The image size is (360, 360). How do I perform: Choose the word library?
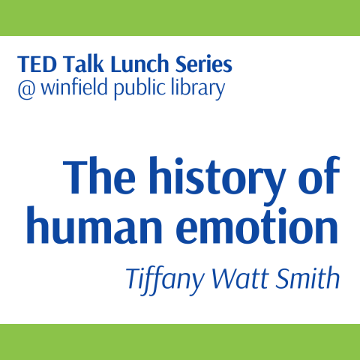click(x=198, y=90)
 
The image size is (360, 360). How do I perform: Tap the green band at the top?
click(x=180, y=17)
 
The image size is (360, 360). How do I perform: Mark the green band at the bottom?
click(x=180, y=342)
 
